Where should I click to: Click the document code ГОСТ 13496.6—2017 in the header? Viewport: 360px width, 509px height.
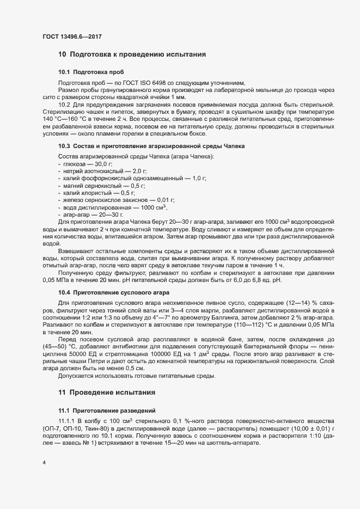pos(72,36)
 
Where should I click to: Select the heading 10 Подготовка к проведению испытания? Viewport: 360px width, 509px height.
pos(132,54)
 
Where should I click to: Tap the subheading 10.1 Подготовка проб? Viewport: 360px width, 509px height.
pos(90,72)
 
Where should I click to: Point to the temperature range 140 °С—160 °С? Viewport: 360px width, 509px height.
pos(64,118)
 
